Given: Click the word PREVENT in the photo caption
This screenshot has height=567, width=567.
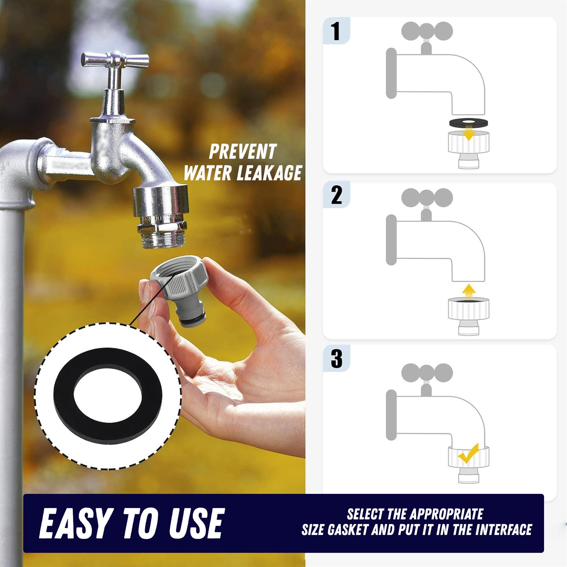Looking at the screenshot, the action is click(x=242, y=152).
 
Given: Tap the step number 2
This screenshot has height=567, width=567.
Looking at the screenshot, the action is click(x=336, y=195).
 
